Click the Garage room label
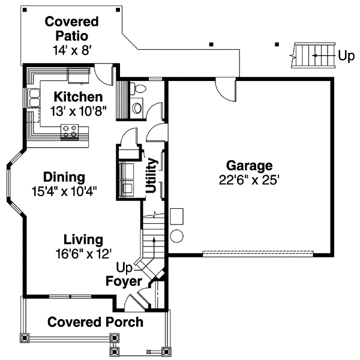(249, 166)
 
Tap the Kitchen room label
(78, 97)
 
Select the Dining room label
(64, 178)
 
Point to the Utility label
(152, 176)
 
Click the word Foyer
(124, 281)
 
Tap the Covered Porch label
(95, 322)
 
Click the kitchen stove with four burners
(70, 131)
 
